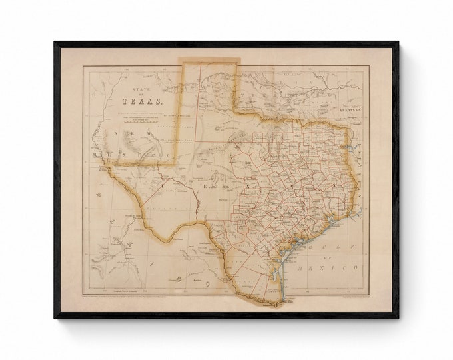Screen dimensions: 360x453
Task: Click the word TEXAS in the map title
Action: (x=142, y=101)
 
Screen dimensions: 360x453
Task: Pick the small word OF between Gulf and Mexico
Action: (x=346, y=257)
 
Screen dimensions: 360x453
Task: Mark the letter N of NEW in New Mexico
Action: (x=115, y=131)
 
